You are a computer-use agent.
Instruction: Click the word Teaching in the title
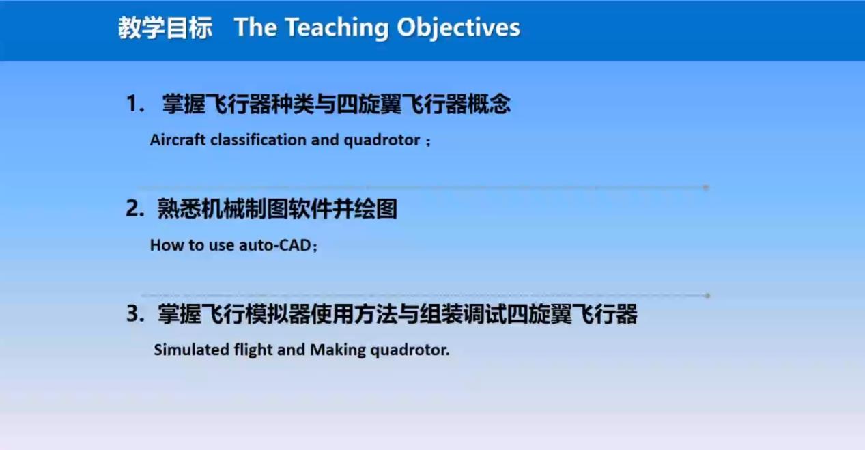pyautogui.click(x=337, y=28)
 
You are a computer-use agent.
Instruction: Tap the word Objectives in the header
pyautogui.click(x=458, y=28)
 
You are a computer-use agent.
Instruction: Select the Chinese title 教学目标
pyautogui.click(x=165, y=28)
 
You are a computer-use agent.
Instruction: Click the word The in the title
pyautogui.click(x=255, y=27)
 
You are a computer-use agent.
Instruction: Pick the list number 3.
pyautogui.click(x=135, y=313)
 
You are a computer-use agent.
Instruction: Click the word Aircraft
pyautogui.click(x=178, y=140)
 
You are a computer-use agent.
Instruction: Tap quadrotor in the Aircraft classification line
pyautogui.click(x=382, y=141)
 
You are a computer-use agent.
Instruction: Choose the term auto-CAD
pyautogui.click(x=275, y=245)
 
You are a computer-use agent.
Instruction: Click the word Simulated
pyautogui.click(x=192, y=350)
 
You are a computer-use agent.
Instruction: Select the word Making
pyautogui.click(x=338, y=351)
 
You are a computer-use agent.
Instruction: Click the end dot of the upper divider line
pyautogui.click(x=705, y=187)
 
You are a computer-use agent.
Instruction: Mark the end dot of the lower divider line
pyautogui.click(x=707, y=296)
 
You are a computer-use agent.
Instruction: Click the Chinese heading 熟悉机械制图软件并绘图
pyautogui.click(x=277, y=209)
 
